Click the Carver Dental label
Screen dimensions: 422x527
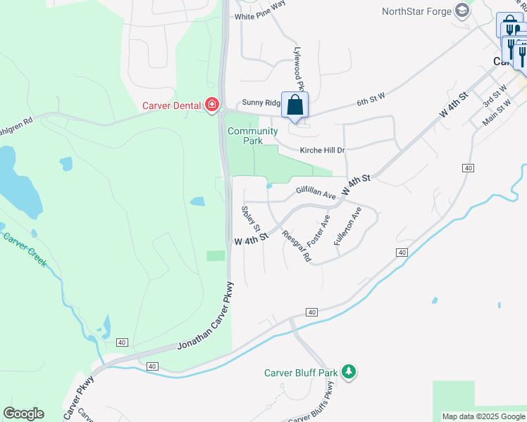[172, 105]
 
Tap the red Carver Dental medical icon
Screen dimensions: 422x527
[211, 105]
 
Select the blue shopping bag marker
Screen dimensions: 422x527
[295, 105]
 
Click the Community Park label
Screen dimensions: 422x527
[252, 136]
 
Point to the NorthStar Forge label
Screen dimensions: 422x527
[416, 11]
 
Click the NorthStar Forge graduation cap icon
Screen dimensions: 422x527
[462, 11]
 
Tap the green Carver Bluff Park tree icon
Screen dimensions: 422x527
[348, 371]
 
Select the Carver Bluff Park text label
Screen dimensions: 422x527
[301, 373]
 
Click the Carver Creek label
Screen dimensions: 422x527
[25, 250]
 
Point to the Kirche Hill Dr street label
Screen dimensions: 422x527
[322, 151]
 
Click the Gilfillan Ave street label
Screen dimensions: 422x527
[316, 192]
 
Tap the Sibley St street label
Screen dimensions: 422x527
[252, 220]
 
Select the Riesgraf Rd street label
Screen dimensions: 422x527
[297, 245]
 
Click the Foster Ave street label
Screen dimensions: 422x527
[318, 231]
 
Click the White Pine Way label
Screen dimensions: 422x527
[260, 16]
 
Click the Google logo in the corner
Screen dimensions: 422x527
[23, 414]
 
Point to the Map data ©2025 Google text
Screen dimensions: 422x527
[483, 416]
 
